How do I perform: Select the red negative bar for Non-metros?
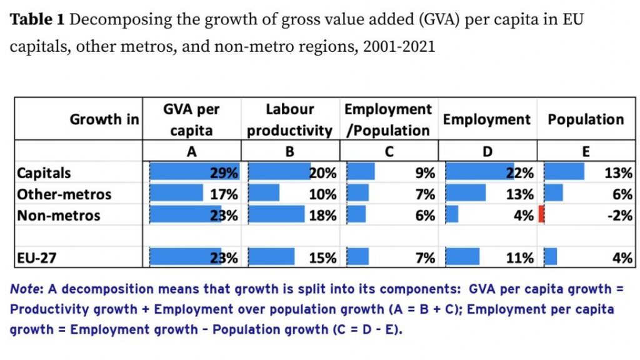coord(541,216)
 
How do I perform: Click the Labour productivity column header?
coord(289,119)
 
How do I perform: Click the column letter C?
coord(388,151)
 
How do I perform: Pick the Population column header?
coord(586,119)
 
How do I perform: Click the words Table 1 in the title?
coord(37,19)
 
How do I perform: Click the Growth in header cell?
coord(104,119)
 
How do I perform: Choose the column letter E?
coord(586,151)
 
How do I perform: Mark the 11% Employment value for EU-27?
coord(520,257)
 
